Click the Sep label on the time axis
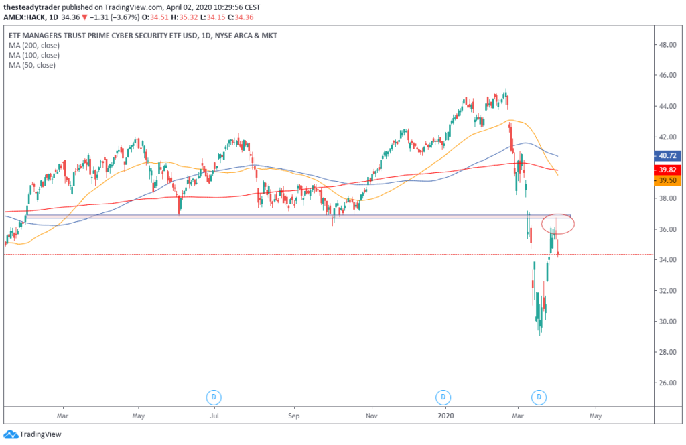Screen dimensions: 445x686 pyautogui.click(x=293, y=416)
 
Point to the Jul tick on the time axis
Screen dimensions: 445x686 pyautogui.click(x=215, y=416)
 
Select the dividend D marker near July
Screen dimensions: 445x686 pyautogui.click(x=214, y=397)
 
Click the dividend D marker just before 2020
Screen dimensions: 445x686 pyautogui.click(x=443, y=397)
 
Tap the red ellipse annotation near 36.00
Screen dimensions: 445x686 pyautogui.click(x=556, y=225)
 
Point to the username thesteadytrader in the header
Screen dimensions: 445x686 pyautogui.click(x=33, y=7)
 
